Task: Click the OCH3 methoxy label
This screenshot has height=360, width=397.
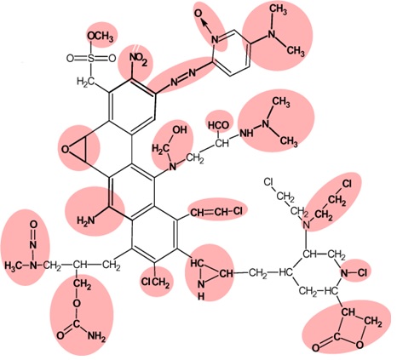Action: [x=101, y=37]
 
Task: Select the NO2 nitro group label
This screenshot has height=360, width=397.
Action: [x=138, y=59]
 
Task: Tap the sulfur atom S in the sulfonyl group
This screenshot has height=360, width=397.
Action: [x=91, y=59]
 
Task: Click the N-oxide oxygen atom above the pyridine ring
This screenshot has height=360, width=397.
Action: [x=198, y=14]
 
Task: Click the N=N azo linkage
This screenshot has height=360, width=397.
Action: [x=183, y=77]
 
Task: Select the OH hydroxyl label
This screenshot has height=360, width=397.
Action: [x=180, y=129]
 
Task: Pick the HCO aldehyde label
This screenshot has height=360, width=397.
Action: [x=219, y=125]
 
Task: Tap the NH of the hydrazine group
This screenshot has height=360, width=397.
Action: [x=246, y=134]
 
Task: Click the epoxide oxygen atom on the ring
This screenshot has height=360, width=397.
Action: [x=65, y=149]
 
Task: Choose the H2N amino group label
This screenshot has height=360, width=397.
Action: [x=85, y=220]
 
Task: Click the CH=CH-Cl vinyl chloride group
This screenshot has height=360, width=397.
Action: [x=217, y=211]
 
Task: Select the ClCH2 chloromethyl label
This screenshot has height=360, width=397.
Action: [x=155, y=283]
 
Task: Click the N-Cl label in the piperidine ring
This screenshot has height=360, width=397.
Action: [x=354, y=272]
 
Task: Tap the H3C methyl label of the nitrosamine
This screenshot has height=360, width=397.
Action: [x=14, y=266]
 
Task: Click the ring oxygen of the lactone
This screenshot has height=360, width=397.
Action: [x=360, y=345]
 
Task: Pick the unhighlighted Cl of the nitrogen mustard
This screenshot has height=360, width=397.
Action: [x=268, y=181]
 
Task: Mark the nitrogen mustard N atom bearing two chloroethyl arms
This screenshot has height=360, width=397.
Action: [x=306, y=226]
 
